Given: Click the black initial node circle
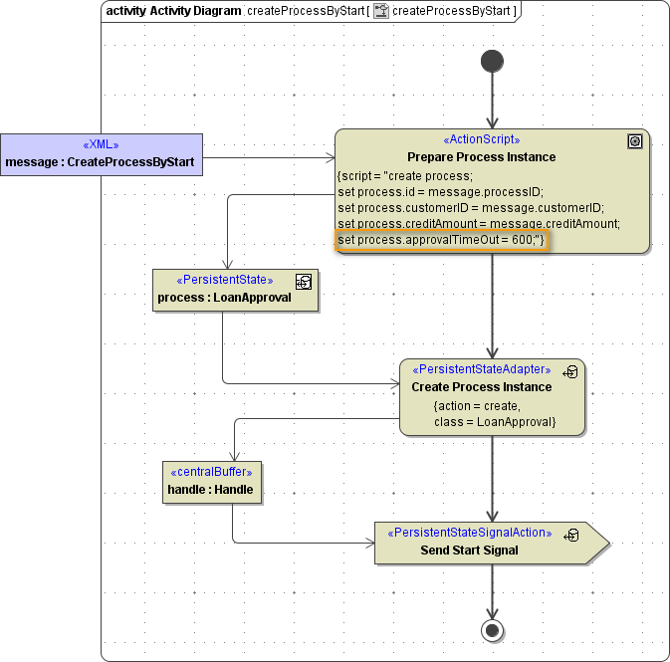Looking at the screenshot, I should point(492,62).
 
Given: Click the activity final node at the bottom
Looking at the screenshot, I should point(492,630).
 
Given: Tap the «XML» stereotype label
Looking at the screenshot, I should point(101,144).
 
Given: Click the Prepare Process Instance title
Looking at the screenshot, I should point(481,157).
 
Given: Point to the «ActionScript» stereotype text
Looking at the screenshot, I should point(481,140).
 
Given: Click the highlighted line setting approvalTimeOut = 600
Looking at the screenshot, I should point(442,241).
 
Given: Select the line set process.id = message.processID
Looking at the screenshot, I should point(440,191).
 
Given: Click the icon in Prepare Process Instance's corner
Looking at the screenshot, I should point(635,142).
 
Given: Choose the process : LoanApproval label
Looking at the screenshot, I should point(224,298).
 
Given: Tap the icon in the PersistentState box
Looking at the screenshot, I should point(304,282).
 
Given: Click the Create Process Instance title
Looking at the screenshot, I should point(481,387).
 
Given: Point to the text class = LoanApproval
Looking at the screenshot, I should point(495,423).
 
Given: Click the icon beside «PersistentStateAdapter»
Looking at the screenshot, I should point(571,372).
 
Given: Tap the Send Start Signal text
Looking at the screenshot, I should point(469,551).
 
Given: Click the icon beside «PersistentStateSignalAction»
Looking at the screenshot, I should point(571,535).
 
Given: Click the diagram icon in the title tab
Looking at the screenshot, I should point(380,12).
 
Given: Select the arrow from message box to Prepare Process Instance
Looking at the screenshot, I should point(269,157).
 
